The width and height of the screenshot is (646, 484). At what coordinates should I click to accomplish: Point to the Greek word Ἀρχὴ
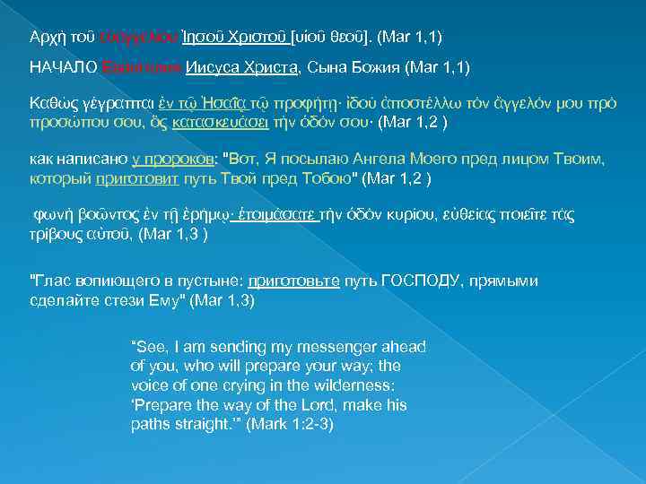[x=46, y=36]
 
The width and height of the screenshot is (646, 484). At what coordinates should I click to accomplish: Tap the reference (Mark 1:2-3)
[x=291, y=423]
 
